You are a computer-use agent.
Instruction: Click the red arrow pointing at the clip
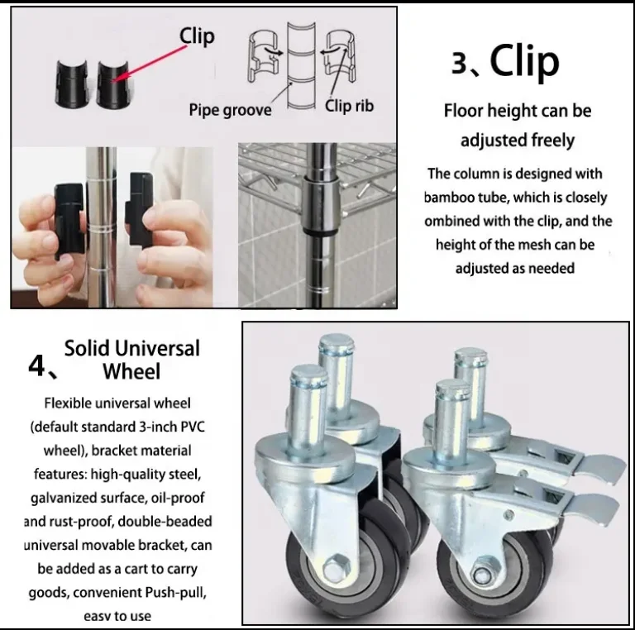(x=149, y=64)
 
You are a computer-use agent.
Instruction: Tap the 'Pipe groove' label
(x=230, y=110)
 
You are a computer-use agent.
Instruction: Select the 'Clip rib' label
(x=349, y=106)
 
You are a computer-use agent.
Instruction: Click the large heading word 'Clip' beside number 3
(x=524, y=61)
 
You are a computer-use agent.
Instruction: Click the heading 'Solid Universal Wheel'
(x=132, y=360)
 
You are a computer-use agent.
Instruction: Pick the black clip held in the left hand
(x=69, y=221)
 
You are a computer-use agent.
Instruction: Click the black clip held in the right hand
(x=140, y=209)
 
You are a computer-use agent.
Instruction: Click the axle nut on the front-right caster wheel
(x=482, y=573)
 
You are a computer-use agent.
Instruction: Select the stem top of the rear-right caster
(x=470, y=356)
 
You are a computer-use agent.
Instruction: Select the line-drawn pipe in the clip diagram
(x=301, y=66)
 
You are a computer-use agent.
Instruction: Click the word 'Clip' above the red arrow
(x=197, y=36)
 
